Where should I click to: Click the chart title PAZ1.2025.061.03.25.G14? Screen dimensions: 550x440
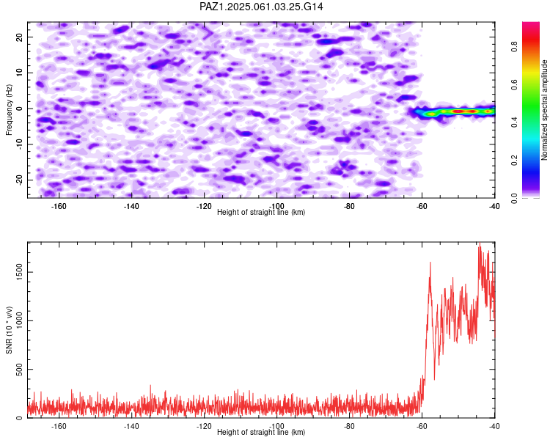261,7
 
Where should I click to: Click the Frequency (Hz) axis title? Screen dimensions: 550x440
9,110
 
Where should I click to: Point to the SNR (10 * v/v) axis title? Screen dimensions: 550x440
9,330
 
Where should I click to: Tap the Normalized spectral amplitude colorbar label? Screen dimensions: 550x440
544,110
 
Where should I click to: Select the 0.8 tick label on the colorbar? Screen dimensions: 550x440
515,46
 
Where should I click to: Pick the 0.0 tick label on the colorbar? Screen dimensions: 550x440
515,198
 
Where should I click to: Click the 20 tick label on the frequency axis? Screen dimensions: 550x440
20,37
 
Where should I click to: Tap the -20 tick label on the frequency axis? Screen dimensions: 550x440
20,180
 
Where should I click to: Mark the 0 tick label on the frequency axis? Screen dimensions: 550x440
20,109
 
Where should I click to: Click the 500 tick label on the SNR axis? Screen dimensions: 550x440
20,369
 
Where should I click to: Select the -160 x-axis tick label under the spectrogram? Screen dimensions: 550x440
59,206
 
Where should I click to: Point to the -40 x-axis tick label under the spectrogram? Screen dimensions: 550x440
494,206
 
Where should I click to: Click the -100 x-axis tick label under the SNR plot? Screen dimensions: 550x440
276,426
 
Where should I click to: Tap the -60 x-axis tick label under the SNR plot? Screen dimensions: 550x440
422,426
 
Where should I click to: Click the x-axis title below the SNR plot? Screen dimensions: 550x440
261,432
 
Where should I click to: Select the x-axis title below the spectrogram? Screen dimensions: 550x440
261,212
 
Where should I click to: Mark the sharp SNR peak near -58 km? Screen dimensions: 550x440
430,263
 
